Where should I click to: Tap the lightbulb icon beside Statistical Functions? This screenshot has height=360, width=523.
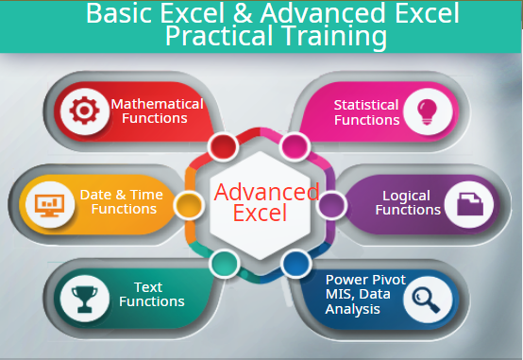click(x=424, y=111)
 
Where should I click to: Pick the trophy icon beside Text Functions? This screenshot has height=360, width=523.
click(x=81, y=295)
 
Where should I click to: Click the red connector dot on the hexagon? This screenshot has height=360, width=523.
click(x=223, y=146)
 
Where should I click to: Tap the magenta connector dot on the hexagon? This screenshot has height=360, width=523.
click(x=295, y=146)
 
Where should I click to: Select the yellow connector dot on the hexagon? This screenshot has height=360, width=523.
click(x=189, y=203)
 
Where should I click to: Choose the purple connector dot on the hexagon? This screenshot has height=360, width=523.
click(x=330, y=203)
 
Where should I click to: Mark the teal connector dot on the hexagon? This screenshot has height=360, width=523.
click(x=223, y=263)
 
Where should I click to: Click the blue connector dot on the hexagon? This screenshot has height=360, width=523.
click(x=295, y=263)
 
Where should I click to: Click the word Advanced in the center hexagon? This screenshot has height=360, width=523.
click(x=266, y=192)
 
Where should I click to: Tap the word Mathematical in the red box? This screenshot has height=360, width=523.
click(x=157, y=104)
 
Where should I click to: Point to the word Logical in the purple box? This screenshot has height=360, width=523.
click(x=406, y=196)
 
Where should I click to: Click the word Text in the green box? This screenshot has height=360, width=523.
click(x=148, y=287)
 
